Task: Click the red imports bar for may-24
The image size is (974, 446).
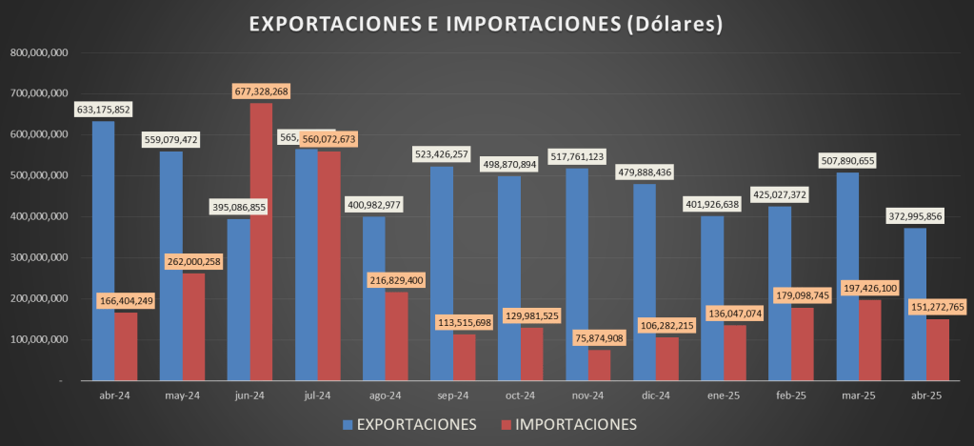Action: tap(193, 314)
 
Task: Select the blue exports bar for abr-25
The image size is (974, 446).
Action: tap(915, 304)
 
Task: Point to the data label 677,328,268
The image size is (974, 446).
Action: tap(261, 91)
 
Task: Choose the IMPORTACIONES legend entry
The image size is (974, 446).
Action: tap(567, 423)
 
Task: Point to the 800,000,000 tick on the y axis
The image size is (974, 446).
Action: tap(38, 52)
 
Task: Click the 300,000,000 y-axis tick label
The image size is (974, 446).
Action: tap(38, 257)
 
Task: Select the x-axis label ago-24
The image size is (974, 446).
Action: tap(386, 396)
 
